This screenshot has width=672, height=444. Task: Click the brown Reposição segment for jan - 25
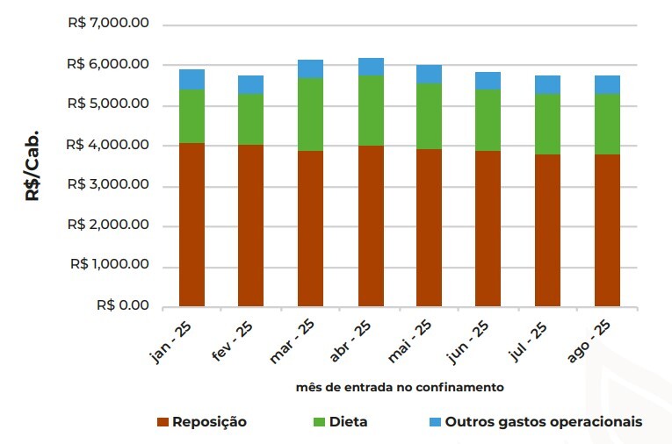coord(191,225)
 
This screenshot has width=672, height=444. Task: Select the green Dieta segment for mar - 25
coord(310,114)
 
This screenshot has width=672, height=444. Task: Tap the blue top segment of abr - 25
coord(370,67)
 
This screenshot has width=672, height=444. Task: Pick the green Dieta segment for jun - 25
coord(488,120)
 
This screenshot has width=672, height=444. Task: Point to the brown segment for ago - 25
coord(607,230)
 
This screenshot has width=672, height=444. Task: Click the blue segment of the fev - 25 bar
coord(251,84)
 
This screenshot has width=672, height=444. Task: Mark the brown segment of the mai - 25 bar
coord(429,227)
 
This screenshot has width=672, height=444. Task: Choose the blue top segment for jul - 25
coord(547,84)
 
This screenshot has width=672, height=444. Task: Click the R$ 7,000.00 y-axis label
coord(108,24)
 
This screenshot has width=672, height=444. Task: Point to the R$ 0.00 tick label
coord(122,306)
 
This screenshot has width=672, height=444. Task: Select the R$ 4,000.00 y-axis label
coord(108,145)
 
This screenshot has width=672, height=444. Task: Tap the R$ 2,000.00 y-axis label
coord(108,226)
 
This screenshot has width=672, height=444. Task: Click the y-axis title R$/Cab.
coord(32,166)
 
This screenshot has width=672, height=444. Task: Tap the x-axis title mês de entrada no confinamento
coord(400,386)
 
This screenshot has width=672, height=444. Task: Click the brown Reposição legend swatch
coord(162,422)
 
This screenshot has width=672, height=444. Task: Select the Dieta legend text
coord(348,422)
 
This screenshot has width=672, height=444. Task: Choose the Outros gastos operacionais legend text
coord(544,422)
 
